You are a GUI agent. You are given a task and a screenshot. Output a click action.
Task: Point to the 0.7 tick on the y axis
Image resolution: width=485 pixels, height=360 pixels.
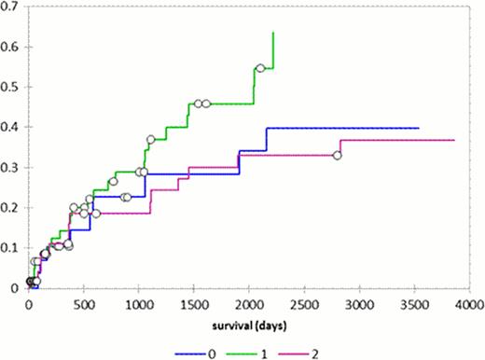(12, 7)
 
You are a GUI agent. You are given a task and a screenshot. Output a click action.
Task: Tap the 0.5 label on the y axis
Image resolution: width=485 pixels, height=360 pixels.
(12, 87)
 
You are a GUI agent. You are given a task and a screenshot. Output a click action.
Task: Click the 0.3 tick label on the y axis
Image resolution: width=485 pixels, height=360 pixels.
(12, 168)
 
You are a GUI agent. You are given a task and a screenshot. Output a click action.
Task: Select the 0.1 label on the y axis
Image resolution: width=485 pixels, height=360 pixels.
(12, 248)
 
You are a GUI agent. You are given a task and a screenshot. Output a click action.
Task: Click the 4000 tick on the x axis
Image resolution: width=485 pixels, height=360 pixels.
(469, 303)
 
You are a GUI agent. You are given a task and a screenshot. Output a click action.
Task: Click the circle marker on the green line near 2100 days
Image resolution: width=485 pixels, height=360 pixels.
(260, 68)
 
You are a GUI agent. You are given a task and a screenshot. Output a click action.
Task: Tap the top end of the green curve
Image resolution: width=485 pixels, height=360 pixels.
(272, 33)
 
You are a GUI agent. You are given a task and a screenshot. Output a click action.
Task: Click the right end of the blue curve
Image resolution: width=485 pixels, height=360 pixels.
(418, 128)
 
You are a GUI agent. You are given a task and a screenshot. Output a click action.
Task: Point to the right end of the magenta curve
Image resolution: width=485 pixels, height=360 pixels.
(454, 140)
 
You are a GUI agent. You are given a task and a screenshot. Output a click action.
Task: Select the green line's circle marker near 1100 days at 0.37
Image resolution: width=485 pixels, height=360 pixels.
(151, 140)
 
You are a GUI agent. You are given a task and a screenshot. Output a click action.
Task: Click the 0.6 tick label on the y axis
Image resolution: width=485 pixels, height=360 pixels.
(12, 47)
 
